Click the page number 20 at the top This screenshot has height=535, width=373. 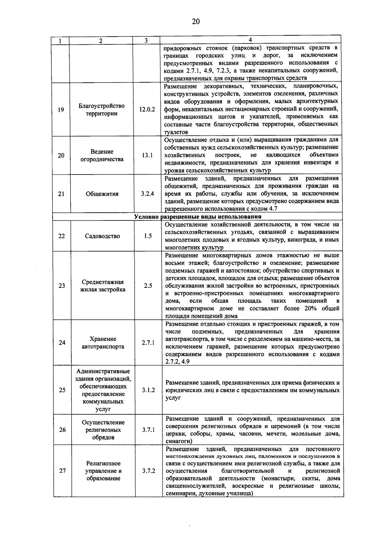196,21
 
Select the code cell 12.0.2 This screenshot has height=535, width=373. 147,110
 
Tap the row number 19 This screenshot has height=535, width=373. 61,110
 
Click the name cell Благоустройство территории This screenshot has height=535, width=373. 102,110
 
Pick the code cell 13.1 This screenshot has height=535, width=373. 147,155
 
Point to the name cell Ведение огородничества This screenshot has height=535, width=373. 102,156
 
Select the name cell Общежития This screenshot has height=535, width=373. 102,194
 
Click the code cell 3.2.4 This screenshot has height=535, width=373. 147,194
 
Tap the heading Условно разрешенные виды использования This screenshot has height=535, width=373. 198,216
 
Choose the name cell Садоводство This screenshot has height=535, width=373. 102,236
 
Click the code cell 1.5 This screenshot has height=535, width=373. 148,236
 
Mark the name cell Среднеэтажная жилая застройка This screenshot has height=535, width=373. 103,286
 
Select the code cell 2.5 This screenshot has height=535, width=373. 148,286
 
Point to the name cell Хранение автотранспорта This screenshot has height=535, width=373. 103,343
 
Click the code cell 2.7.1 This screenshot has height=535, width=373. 148,343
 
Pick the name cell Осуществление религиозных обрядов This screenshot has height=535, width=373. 103,430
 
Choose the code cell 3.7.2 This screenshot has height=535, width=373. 149,471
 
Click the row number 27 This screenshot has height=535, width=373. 62,471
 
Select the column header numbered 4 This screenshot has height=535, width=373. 250,40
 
